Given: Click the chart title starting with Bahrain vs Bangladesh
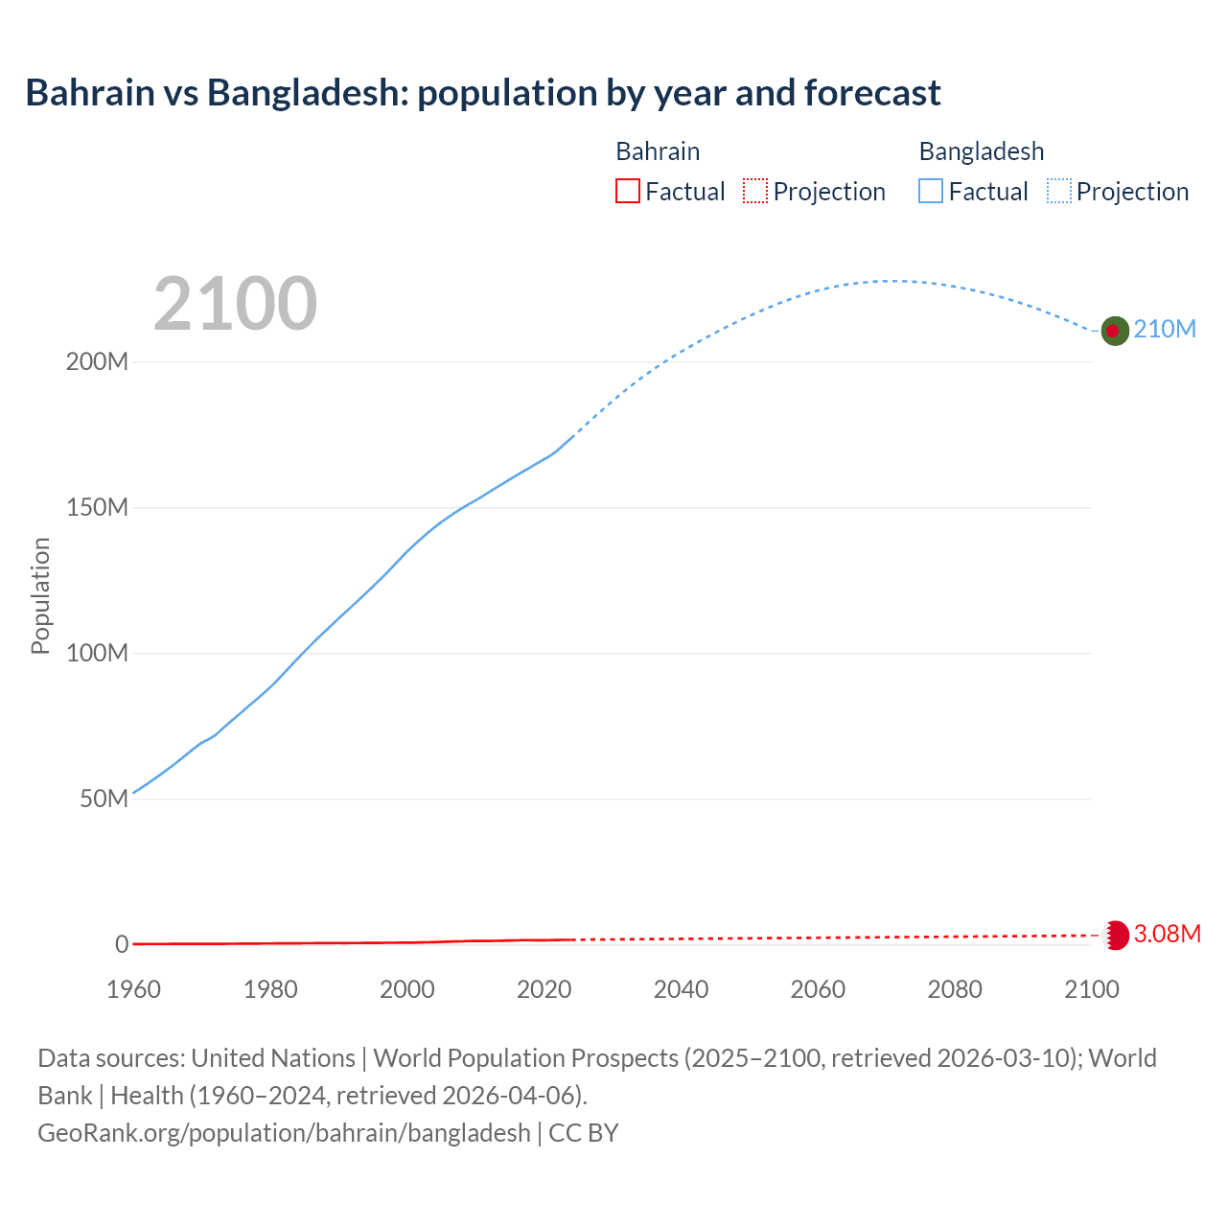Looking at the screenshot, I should pos(483,93).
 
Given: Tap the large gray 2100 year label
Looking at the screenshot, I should pos(235,303).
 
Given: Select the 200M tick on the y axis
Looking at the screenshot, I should pos(97,362).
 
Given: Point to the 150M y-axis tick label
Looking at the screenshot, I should pos(97,508).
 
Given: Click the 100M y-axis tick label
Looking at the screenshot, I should pos(97,654).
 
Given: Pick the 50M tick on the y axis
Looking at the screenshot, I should pos(104,799).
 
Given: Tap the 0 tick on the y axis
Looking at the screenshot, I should pos(121,944).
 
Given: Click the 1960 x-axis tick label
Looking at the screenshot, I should pos(133,989).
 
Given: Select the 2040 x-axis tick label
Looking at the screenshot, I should pos(681,989).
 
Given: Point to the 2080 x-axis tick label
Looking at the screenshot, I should pos(955,989).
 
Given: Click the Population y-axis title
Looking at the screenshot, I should pos(40,595).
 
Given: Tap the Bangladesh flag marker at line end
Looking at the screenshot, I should pos(1114,331).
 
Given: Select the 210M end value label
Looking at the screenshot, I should pos(1165,330).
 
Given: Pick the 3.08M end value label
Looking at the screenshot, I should pos(1167,935).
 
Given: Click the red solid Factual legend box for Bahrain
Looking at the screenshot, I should pos(628,192).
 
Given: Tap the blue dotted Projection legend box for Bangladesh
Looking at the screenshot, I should pos(1059,192).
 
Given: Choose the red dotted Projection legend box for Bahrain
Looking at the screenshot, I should pos(755,192).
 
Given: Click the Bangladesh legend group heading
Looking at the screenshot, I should pos(981,151).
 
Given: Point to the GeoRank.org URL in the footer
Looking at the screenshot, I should pos(284,1133).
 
